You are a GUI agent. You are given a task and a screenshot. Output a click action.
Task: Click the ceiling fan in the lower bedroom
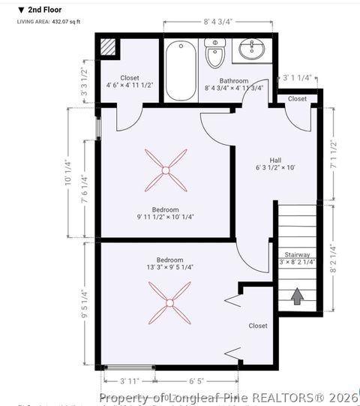(x=170, y=303)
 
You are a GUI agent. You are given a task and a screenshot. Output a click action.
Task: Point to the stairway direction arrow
(x=297, y=296)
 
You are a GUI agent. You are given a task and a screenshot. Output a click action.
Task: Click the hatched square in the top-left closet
(x=109, y=47)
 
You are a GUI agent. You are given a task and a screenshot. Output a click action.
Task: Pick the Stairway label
(x=297, y=254)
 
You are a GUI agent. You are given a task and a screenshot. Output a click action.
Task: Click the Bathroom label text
(x=233, y=80)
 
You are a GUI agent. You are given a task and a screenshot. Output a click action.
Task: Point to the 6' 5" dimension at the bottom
(x=197, y=381)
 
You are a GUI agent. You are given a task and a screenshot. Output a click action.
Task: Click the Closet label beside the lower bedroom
(x=258, y=326)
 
